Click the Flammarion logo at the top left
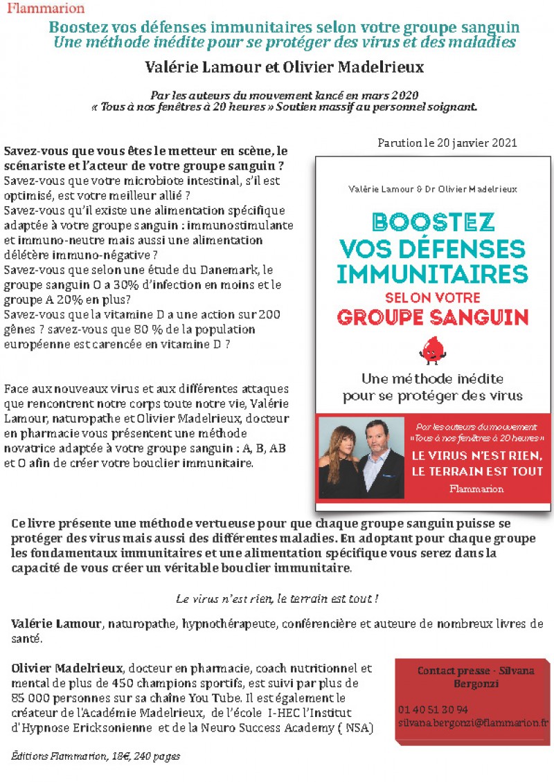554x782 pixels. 45,9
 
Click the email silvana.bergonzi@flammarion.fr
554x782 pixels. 473,722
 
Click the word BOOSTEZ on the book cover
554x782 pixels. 433,222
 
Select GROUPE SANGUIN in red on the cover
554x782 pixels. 433,317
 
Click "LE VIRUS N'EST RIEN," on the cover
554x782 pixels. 468,457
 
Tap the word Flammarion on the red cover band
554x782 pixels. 468,489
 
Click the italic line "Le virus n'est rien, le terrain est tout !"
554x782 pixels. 277,598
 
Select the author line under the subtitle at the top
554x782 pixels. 284,68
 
